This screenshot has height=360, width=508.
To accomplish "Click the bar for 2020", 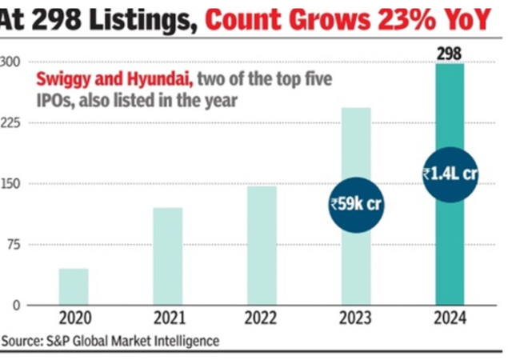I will point(74,286).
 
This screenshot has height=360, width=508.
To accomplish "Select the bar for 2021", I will point(167,256).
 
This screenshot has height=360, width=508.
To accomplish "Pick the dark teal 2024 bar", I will point(450,240).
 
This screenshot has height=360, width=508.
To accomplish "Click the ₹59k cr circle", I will point(356,203).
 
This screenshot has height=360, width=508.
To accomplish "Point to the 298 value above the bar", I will point(450,54).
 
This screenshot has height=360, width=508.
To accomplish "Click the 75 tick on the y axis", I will point(12,245).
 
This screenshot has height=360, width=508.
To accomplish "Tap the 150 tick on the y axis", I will point(10,184).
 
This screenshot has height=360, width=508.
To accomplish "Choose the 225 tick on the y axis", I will point(10,123).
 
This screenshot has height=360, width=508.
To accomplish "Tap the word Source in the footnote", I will point(22,341).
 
